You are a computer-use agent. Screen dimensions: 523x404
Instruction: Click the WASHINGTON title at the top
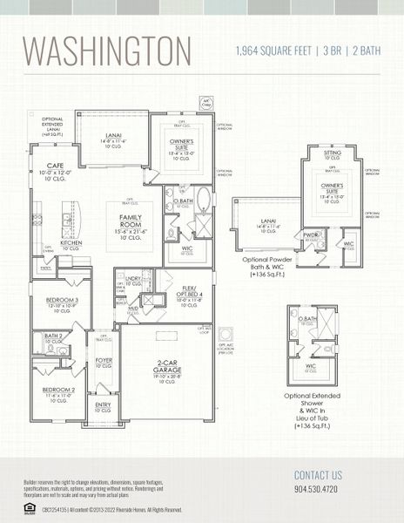[107, 51]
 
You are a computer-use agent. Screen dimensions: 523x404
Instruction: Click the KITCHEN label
[71, 243]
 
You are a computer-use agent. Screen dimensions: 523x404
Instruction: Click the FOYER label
[104, 359]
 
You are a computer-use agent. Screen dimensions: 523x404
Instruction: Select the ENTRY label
[103, 404]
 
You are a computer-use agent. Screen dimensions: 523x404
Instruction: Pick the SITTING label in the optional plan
[333, 153]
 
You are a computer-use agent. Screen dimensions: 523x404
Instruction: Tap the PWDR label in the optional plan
[312, 234]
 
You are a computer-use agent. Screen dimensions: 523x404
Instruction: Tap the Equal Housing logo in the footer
[29, 507]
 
